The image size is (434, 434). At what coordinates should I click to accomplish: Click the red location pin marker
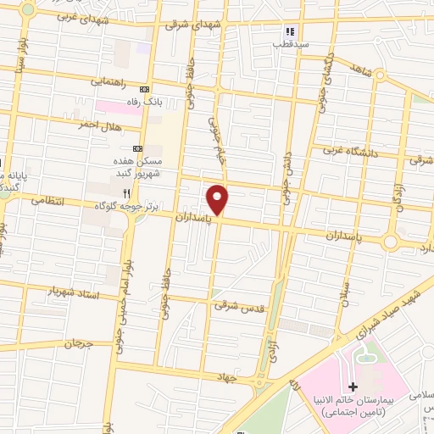218,199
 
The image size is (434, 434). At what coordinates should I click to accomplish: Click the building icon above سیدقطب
290,30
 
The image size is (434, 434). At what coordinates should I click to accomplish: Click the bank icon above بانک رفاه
144,89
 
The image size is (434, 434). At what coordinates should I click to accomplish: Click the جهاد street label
224,376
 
